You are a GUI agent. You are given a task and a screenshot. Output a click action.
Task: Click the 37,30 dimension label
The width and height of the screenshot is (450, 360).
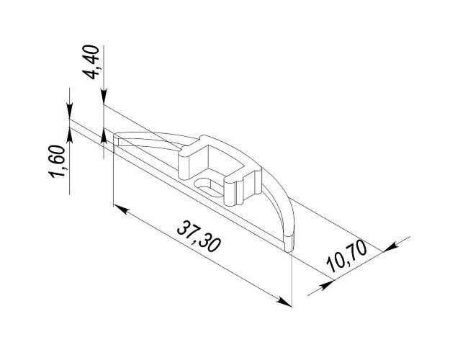point(199,236)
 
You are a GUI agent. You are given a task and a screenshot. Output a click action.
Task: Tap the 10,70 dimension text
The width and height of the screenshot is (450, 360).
point(347,256)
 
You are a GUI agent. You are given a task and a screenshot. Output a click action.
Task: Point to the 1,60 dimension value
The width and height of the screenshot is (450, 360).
point(57,161)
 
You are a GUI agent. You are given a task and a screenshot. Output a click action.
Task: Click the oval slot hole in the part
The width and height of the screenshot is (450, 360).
point(208,187)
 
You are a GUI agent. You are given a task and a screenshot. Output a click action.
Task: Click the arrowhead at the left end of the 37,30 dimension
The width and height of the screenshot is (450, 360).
point(121,209)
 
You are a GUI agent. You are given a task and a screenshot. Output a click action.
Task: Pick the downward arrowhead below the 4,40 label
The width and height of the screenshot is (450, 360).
point(104,96)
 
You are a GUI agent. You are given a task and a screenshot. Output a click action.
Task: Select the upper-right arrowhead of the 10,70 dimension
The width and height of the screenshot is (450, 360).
point(390,248)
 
